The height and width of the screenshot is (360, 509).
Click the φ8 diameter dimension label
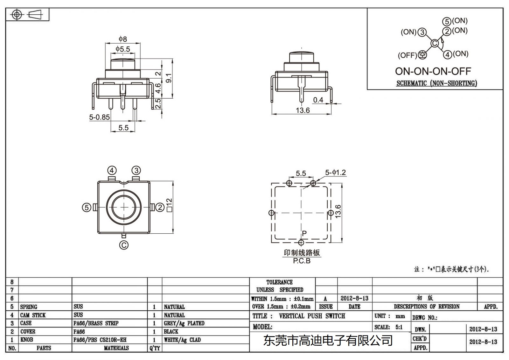point(123,39)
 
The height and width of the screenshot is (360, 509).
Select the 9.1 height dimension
point(169,78)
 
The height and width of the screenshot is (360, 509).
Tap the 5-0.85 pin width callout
point(99,117)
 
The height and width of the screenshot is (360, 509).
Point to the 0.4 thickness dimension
point(318,100)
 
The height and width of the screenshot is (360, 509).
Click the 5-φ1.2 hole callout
point(335,173)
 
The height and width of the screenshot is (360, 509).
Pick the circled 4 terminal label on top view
point(112,170)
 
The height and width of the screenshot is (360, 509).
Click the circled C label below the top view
point(124,245)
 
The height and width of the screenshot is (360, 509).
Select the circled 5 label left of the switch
point(87,208)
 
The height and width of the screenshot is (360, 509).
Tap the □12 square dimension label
point(169,205)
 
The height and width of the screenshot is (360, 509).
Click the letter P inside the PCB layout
point(304,233)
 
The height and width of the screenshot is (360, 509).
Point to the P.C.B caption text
point(302,261)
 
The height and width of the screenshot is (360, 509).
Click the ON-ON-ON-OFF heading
point(433,71)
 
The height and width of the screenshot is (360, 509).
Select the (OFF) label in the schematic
point(407,55)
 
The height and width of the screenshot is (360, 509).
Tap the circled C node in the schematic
point(435,43)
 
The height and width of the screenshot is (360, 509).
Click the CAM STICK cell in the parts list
point(33,315)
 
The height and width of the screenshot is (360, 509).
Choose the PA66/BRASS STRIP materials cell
point(96,323)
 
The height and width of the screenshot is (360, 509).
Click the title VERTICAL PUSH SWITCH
point(312,316)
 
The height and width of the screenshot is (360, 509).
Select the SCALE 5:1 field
point(388,327)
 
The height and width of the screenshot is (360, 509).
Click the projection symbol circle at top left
point(17,15)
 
